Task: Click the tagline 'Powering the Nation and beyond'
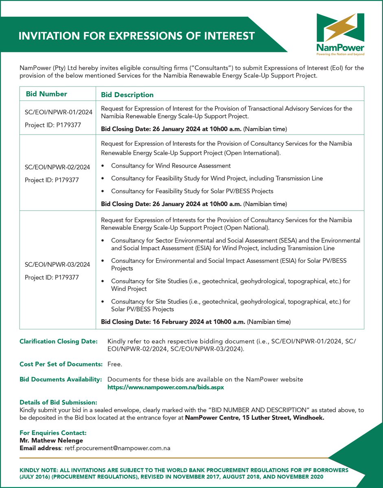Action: (340, 54)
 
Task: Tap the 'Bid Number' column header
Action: (46, 94)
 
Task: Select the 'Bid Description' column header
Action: (127, 95)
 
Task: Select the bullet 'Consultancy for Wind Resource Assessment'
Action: (171, 166)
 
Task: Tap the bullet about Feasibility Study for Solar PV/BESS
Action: (192, 191)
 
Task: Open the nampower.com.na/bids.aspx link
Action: (165, 388)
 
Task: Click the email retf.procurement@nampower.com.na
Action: (117, 448)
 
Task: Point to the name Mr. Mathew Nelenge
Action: (51, 440)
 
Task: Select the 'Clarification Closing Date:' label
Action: (58, 341)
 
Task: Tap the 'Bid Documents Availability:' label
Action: (60, 379)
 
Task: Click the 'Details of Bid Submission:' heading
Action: (58, 402)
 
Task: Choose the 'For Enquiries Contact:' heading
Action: (53, 433)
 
